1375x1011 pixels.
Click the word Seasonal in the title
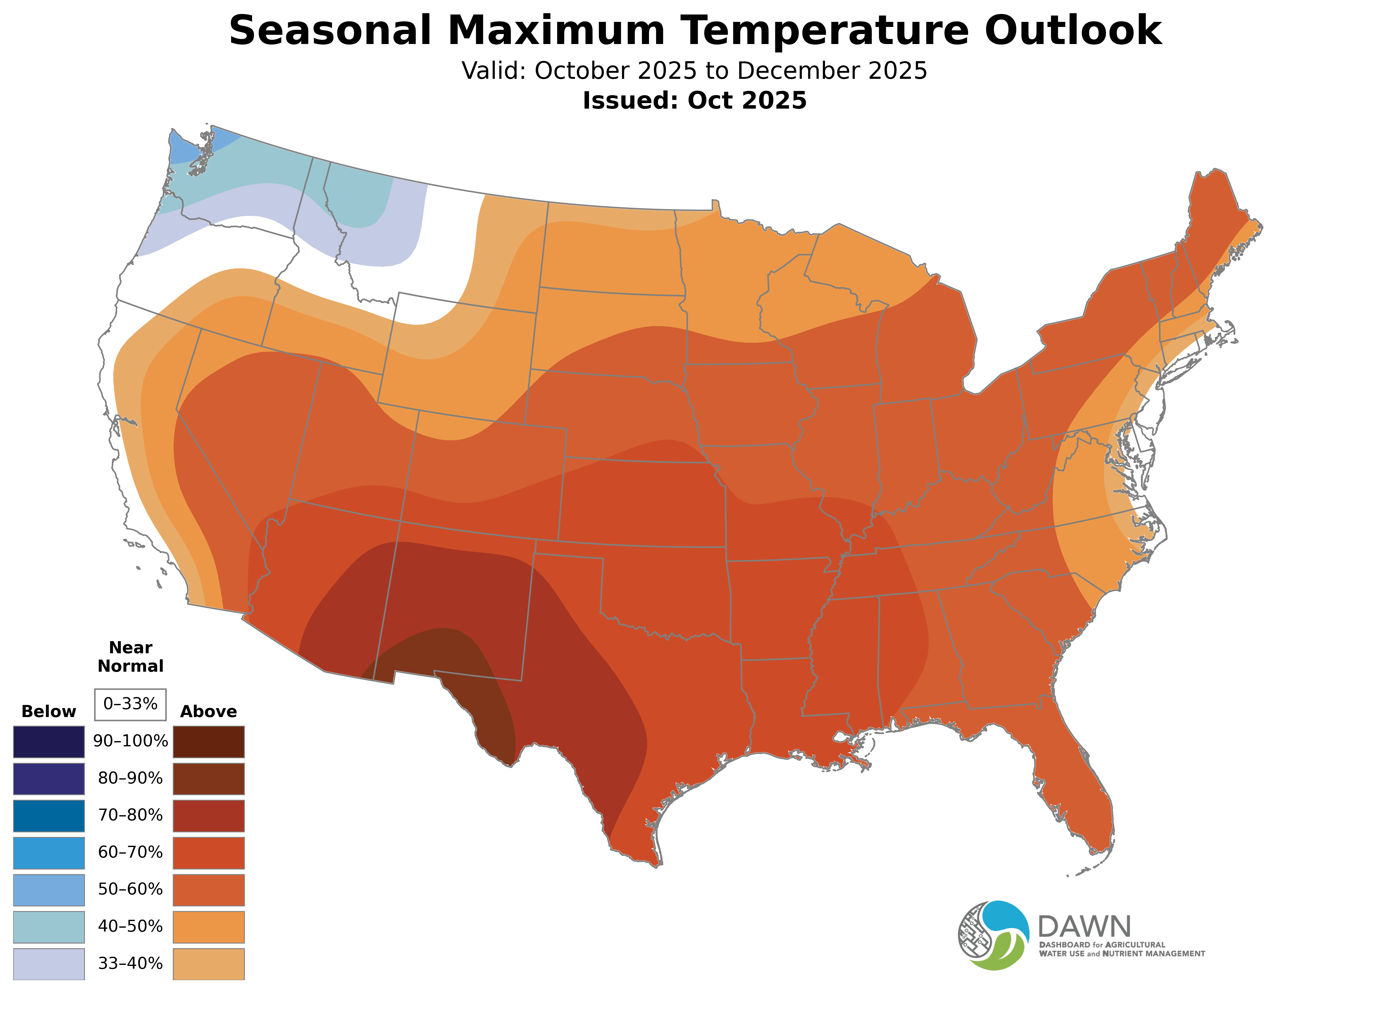pos(330,31)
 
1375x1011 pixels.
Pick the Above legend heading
pos(209,712)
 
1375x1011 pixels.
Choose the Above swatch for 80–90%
pos(209,778)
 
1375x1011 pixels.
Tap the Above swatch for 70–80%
pos(209,816)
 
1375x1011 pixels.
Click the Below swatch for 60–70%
pos(49,853)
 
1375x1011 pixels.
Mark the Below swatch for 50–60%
pos(49,890)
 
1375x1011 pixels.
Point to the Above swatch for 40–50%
pos(209,927)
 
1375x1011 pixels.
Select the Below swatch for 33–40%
pos(49,964)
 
